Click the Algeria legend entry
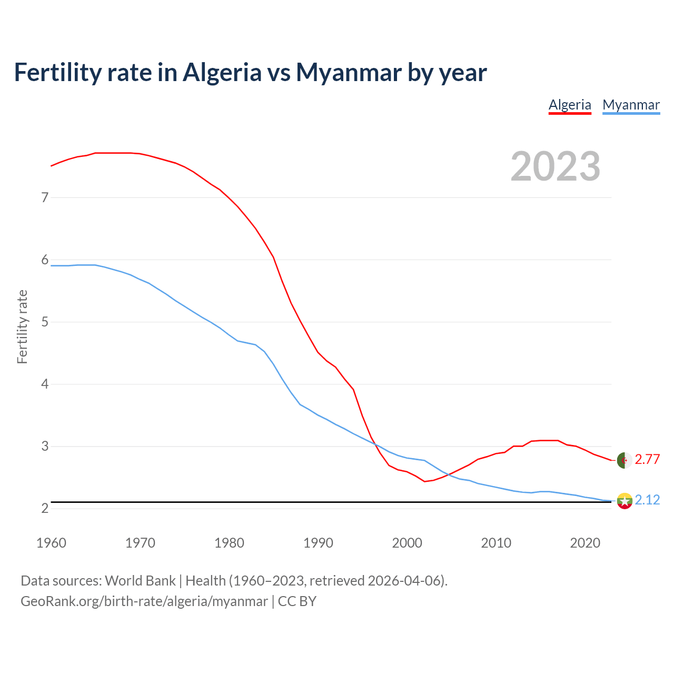(x=570, y=105)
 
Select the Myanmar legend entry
(x=631, y=105)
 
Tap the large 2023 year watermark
(x=556, y=166)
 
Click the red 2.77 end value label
(x=647, y=459)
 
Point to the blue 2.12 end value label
(x=647, y=500)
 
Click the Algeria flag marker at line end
(x=625, y=460)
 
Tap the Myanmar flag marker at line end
(x=625, y=501)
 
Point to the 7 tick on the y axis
(x=45, y=197)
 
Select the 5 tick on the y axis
(x=45, y=322)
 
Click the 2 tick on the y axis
(x=45, y=508)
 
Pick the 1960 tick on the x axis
(x=51, y=543)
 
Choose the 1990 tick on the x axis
(x=318, y=543)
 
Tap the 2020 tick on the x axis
(x=585, y=543)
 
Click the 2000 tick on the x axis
(x=407, y=543)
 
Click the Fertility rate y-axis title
(x=22, y=326)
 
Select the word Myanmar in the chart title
(x=349, y=72)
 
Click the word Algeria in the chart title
(x=222, y=72)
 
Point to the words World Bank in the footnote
(x=140, y=581)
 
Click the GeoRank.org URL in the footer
(x=144, y=601)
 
